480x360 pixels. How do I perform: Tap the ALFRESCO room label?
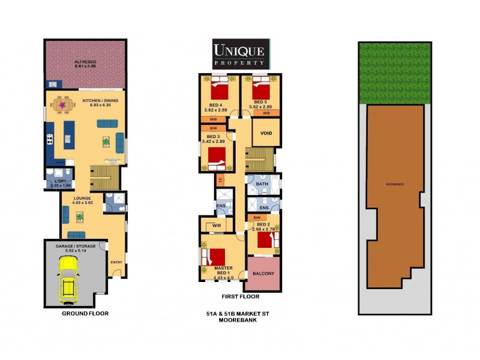pyautogui.click(x=85, y=62)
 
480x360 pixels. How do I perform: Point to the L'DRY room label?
pyautogui.click(x=59, y=181)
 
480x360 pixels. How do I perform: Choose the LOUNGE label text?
pyautogui.click(x=82, y=197)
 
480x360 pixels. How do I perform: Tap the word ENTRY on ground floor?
pyautogui.click(x=116, y=262)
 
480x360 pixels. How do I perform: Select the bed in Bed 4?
pyautogui.click(x=219, y=91)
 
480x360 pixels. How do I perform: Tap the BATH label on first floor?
pyautogui.click(x=262, y=184)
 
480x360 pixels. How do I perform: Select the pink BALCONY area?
pyautogui.click(x=262, y=274)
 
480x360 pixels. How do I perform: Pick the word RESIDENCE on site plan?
pyautogui.click(x=395, y=184)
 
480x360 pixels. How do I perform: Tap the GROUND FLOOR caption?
pyautogui.click(x=85, y=313)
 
